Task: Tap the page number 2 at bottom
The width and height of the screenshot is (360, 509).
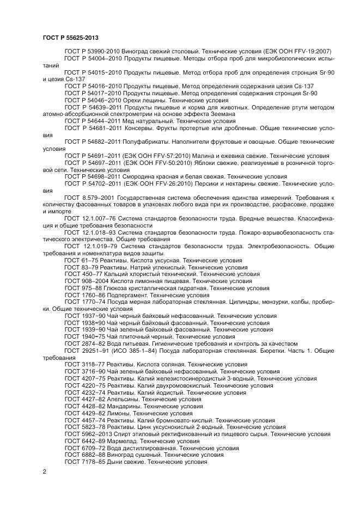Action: click(45, 471)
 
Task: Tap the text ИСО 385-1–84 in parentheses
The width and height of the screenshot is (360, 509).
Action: click(139, 350)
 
